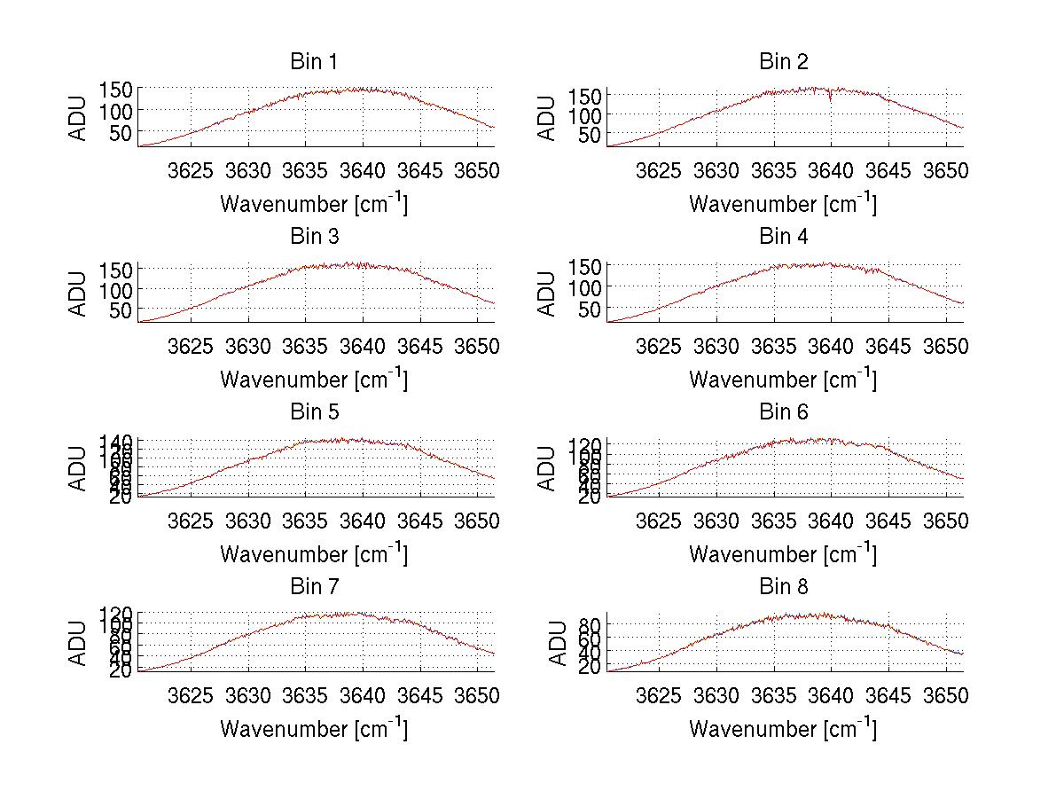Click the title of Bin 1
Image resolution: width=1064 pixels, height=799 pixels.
point(313,62)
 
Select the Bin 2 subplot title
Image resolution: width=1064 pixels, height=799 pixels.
point(783,62)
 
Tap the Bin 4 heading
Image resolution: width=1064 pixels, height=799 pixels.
point(783,237)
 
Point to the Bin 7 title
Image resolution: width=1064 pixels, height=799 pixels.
point(313,587)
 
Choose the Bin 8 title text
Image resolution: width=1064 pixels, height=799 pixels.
point(783,587)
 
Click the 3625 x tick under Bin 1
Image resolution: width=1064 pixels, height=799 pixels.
point(190,170)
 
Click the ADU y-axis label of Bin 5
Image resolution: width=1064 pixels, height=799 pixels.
point(79,467)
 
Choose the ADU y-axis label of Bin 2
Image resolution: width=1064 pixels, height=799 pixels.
point(548,117)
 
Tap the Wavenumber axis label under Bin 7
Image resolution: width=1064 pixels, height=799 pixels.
point(313,728)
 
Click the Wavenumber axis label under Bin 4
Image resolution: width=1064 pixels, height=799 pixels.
point(783,379)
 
